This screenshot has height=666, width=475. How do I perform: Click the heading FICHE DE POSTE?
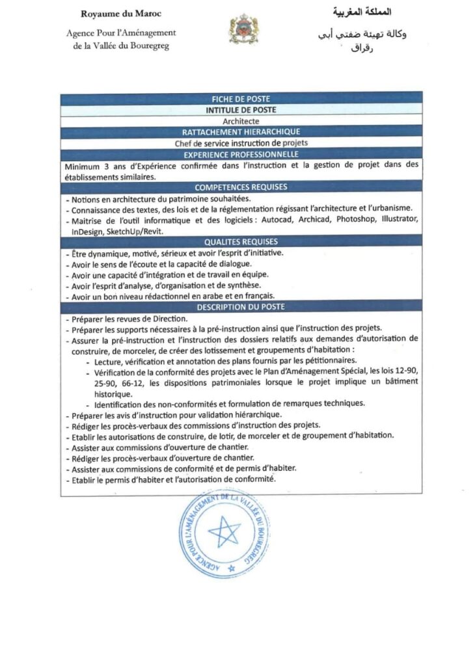(241, 99)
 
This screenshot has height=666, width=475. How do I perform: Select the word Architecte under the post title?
(241, 121)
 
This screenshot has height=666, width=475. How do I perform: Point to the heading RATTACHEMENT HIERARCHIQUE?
(241, 132)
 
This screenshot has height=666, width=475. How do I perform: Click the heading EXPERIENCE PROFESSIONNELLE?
(241, 154)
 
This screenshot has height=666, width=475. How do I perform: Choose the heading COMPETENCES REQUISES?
(241, 187)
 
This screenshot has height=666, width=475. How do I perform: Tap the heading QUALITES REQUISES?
(241, 241)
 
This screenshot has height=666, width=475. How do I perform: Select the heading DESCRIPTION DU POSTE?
(241, 306)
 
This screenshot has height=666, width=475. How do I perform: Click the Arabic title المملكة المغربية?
(362, 13)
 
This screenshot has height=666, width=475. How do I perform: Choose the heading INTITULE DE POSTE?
(241, 110)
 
